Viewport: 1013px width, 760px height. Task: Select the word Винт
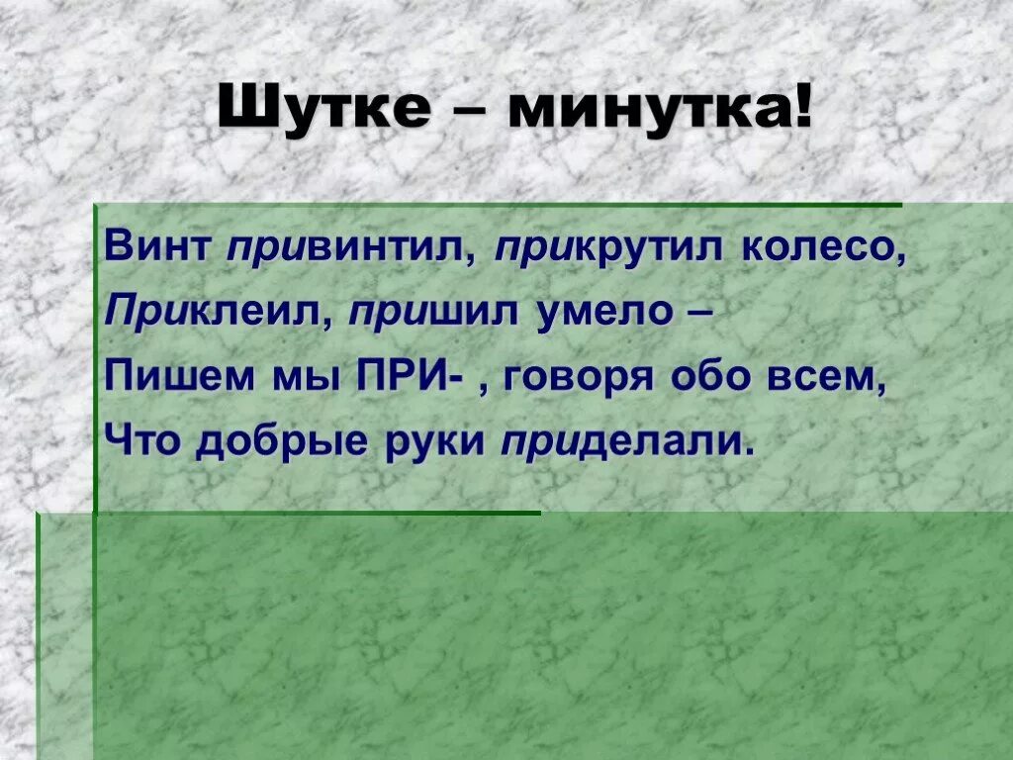pyautogui.click(x=158, y=247)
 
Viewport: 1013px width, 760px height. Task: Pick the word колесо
pyautogui.click(x=822, y=247)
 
